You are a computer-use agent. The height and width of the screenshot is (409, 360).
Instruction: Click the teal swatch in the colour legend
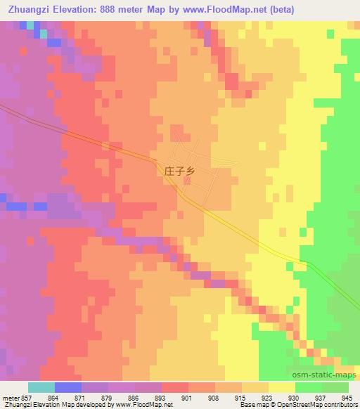click(x=41, y=387)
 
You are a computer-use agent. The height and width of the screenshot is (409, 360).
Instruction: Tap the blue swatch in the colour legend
click(x=68, y=387)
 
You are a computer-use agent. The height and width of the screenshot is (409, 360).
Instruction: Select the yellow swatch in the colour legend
click(x=282, y=387)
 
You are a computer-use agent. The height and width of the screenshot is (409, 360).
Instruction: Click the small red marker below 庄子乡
click(x=187, y=181)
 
